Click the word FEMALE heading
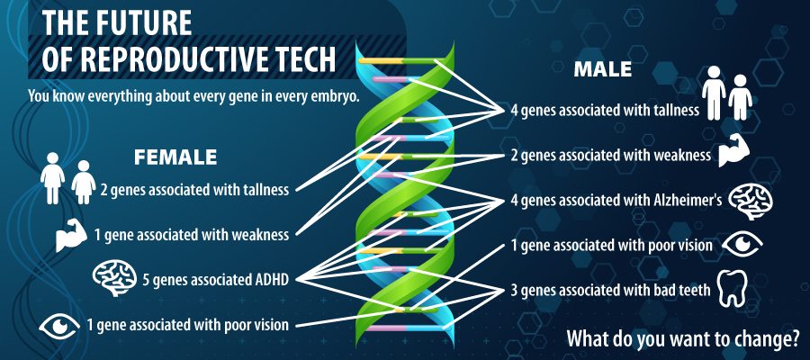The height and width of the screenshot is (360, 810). coord(175,157)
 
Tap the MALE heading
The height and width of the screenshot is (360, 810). coord(603,69)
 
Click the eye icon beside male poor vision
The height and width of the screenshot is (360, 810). coord(742,244)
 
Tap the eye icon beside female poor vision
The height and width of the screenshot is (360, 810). coord(59,326)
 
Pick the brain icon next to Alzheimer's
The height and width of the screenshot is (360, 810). coord(750,201)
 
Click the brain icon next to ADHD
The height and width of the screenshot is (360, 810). coord(114,278)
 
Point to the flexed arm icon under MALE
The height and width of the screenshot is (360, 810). coord(733,151)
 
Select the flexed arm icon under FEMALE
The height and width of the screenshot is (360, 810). coord(71,235)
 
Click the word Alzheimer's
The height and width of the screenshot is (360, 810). coord(681,201)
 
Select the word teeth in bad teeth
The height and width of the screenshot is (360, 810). coord(694,290)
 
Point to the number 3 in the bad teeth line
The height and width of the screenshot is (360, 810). coord(515,290)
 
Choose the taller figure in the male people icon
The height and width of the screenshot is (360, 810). coord(714,93)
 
